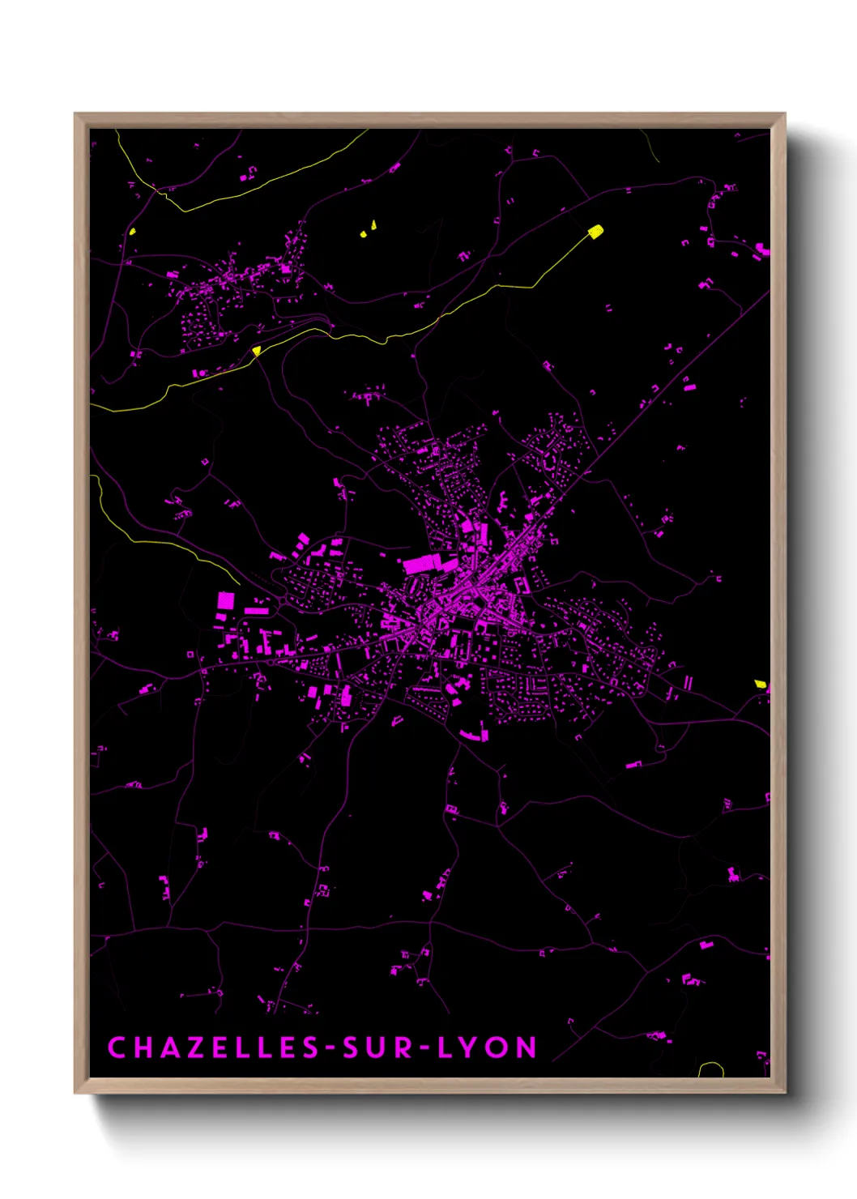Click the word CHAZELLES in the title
coord(214,1048)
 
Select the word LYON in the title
coord(487,1048)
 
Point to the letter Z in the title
coord(193,1048)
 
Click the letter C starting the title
coord(117,1048)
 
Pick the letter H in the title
coord(142,1048)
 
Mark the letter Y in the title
coord(471,1048)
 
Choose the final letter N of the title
coord(527,1048)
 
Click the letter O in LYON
coord(499,1048)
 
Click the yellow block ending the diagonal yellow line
coord(595,232)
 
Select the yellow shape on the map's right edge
coord(760,684)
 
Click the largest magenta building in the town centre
coord(422,564)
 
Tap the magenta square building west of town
coord(226,600)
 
